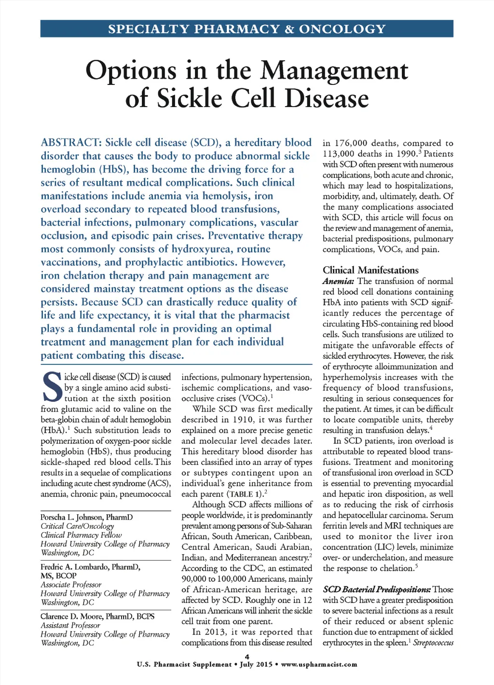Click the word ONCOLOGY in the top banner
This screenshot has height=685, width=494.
coord(342,29)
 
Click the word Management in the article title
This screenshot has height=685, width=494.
coord(334,70)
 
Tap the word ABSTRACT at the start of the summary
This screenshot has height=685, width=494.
coord(71,143)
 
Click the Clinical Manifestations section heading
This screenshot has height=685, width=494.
coord(370,270)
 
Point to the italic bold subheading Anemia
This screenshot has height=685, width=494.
coord(338,281)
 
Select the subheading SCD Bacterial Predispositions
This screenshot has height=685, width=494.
coord(377,589)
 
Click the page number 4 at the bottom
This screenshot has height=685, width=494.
coord(247,657)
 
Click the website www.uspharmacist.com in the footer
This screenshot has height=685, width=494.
coord(319,665)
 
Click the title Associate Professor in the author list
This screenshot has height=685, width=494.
coord(71,585)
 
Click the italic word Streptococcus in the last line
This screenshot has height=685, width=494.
coord(433,643)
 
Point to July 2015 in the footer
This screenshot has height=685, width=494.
coord(256,665)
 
